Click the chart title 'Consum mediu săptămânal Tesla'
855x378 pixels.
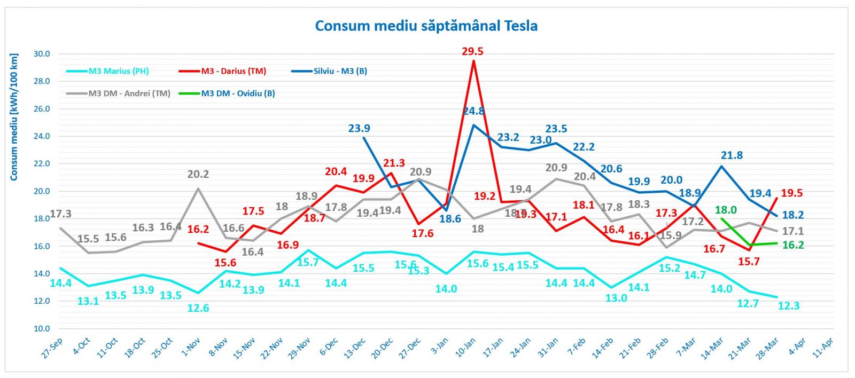(x=426, y=26)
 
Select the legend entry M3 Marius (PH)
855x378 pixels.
(x=118, y=71)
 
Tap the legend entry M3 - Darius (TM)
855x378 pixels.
(x=234, y=71)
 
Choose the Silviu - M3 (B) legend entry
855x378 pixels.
(x=340, y=71)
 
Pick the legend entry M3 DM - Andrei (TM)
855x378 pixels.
(x=129, y=93)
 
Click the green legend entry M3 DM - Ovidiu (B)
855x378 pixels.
(x=238, y=93)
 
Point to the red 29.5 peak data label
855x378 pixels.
(x=472, y=51)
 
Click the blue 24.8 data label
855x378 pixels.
(x=473, y=111)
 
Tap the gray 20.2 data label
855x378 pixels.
(x=198, y=174)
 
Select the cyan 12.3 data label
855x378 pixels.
(x=789, y=305)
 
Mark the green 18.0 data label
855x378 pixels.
(x=726, y=210)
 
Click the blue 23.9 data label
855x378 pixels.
(x=359, y=128)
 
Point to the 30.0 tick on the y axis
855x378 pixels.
(x=42, y=54)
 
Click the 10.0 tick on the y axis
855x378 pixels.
(x=42, y=328)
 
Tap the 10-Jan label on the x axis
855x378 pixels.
(x=465, y=348)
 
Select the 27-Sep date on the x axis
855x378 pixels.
(x=52, y=348)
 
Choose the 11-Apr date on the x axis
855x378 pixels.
(x=823, y=348)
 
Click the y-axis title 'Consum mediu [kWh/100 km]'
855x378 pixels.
(x=14, y=117)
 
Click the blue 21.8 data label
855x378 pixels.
(x=732, y=155)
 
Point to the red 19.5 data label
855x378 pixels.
(x=792, y=193)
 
